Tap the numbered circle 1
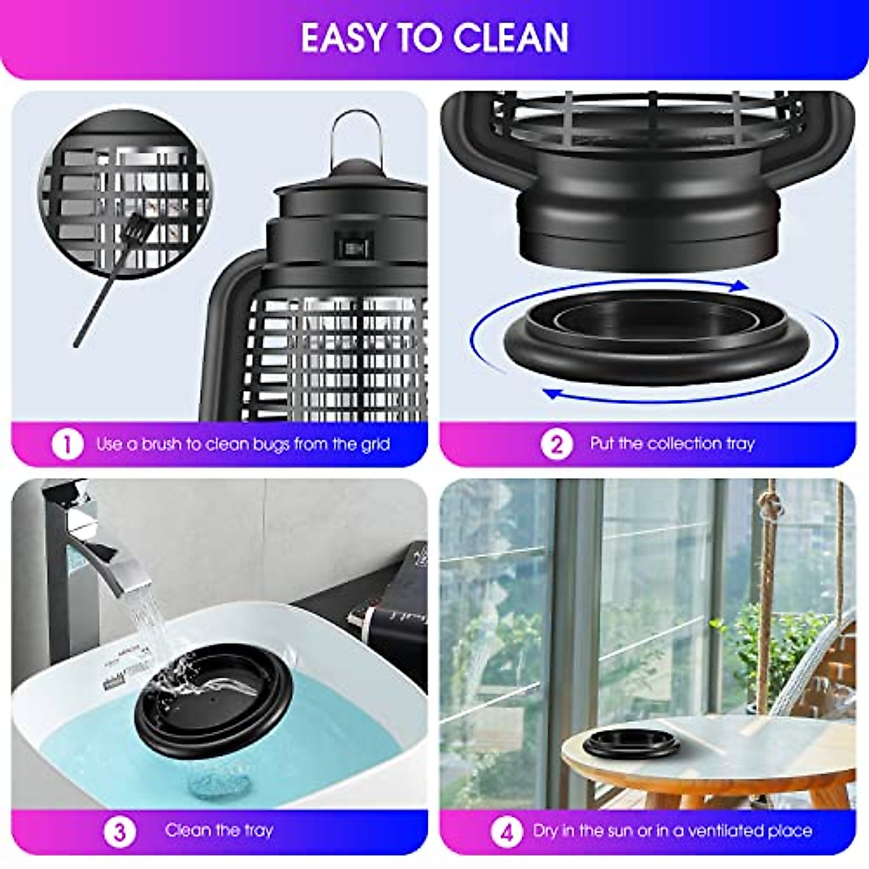[67, 444]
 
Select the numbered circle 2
[556, 444]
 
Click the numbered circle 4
[506, 831]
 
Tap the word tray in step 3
[258, 830]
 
